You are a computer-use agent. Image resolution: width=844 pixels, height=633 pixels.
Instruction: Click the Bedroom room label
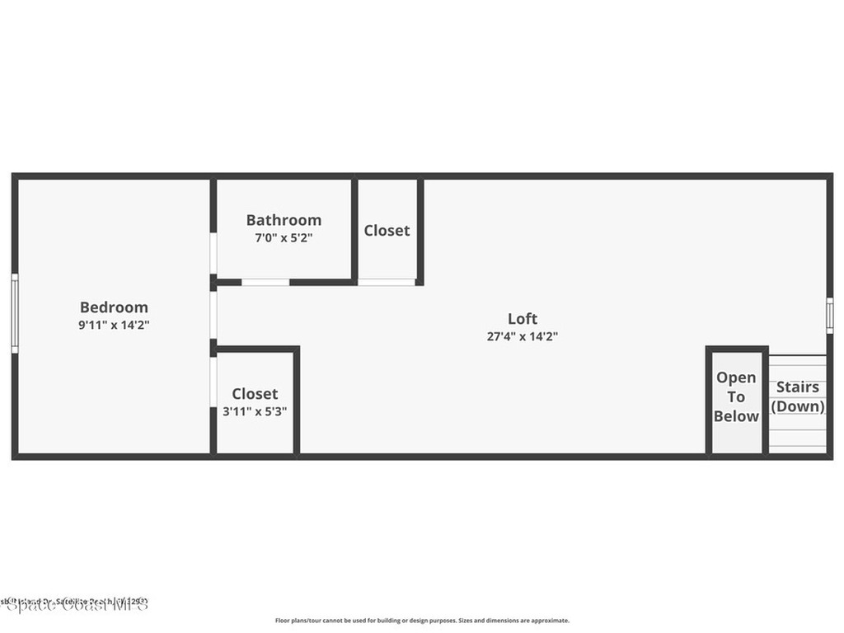coord(114,307)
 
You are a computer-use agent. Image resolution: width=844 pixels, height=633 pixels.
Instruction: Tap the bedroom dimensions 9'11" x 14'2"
coord(114,325)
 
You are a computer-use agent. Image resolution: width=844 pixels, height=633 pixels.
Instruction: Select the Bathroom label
coord(284,220)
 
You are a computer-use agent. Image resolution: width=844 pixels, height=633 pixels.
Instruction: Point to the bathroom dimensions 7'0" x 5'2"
coord(284,237)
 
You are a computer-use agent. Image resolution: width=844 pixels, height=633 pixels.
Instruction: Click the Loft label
coord(523,318)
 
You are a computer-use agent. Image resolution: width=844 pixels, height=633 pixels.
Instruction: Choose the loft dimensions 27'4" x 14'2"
coord(523,335)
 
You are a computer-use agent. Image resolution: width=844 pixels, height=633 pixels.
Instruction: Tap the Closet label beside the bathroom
coord(387,231)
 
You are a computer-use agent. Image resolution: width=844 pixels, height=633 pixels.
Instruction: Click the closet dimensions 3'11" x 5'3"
coord(255,411)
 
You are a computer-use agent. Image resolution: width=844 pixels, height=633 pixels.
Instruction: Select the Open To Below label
coord(736,396)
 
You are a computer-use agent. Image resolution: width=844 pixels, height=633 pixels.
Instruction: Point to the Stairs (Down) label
coord(798,396)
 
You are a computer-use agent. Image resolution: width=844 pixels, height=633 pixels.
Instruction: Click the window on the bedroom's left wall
coord(14,314)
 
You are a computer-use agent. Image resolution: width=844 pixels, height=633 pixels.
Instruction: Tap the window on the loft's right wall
coord(829,315)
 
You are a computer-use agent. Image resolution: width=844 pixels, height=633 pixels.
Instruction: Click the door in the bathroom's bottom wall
coord(265,282)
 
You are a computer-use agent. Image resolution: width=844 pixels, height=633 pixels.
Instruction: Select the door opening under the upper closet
coord(387,282)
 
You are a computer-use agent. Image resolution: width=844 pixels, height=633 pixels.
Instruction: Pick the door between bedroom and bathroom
coord(213,254)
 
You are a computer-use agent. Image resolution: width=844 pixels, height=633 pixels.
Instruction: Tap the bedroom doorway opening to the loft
coord(213,315)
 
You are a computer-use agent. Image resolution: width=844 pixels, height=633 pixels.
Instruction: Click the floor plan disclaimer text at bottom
coord(421,621)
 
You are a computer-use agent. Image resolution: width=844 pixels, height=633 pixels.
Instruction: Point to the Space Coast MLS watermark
coord(75,603)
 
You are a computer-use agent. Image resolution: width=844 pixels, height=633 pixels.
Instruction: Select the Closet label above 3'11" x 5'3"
coord(255,394)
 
